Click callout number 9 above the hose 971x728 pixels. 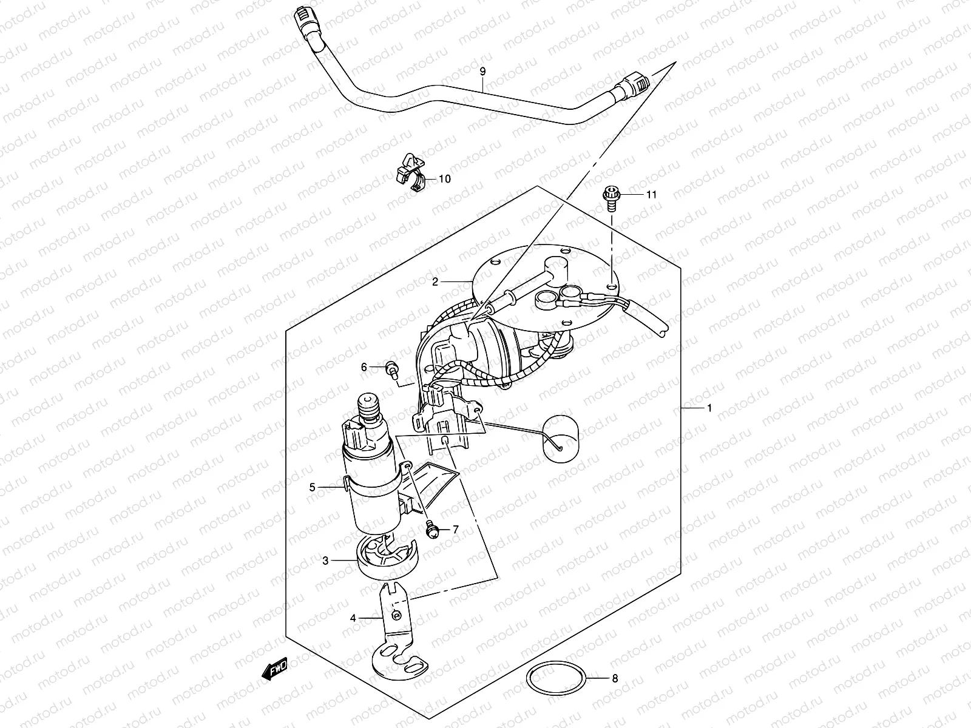482,72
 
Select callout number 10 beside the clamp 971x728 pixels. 445,179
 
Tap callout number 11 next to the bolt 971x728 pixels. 651,195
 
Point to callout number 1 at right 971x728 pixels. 709,408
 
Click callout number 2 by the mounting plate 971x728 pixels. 435,281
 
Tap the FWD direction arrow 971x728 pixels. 275,668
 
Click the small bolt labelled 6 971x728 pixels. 391,367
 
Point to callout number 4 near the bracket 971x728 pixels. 352,618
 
